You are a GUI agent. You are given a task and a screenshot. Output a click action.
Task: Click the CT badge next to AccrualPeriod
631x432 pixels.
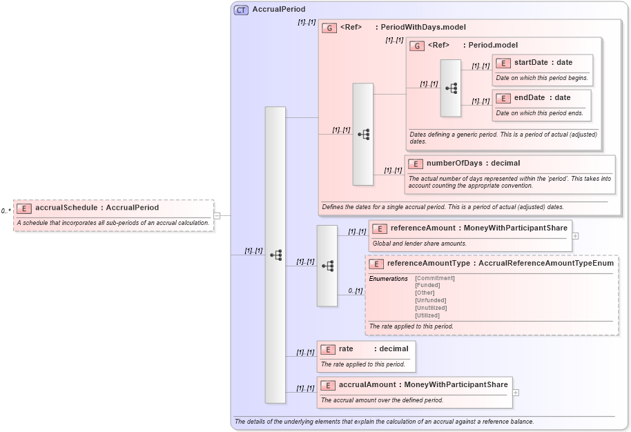pyautogui.click(x=241, y=10)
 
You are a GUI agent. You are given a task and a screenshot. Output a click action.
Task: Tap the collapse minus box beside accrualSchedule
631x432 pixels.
pyautogui.click(x=217, y=215)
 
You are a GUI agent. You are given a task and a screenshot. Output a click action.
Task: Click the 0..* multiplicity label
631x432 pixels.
pyautogui.click(x=6, y=211)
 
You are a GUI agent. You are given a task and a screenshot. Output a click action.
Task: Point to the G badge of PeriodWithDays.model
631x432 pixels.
pyautogui.click(x=329, y=28)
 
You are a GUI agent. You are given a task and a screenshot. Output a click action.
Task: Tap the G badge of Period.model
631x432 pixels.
pyautogui.click(x=417, y=46)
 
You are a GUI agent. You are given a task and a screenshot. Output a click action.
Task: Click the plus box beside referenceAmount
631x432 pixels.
pyautogui.click(x=575, y=235)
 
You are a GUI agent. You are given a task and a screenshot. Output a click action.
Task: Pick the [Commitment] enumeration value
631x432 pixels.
pyautogui.click(x=434, y=278)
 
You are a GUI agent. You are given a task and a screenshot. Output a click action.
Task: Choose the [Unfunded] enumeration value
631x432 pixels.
pyautogui.click(x=430, y=300)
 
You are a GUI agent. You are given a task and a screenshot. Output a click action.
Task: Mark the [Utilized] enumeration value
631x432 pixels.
pyautogui.click(x=427, y=315)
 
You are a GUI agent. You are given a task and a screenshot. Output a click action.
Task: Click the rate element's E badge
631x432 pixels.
pyautogui.click(x=328, y=349)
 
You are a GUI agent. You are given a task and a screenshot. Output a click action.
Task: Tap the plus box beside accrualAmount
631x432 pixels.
pyautogui.click(x=516, y=392)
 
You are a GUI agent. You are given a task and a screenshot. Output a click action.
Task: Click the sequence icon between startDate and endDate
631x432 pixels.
pyautogui.click(x=451, y=88)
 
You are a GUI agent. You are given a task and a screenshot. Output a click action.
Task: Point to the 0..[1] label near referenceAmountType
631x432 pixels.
pyautogui.click(x=356, y=291)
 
